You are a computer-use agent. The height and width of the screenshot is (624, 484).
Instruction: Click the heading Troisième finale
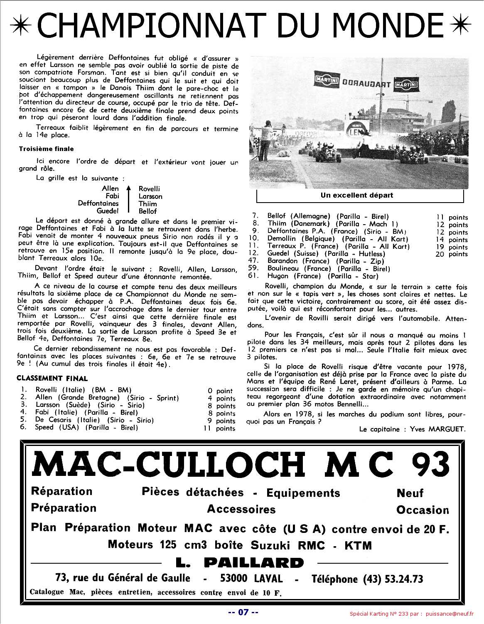coord(46,149)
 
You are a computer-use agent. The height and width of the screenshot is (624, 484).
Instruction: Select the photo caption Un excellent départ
coord(356,195)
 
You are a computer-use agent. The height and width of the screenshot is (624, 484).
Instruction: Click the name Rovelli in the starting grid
coord(149,189)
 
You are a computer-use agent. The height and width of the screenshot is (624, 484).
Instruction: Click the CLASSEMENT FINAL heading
coord(52,378)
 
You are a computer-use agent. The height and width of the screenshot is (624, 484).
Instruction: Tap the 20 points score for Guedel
coord(452,254)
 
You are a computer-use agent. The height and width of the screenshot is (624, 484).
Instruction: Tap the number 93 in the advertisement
coord(431,465)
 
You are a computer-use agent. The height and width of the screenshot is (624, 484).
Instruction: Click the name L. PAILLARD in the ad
coord(240,563)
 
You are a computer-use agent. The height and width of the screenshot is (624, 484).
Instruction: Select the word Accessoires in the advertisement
coord(241,509)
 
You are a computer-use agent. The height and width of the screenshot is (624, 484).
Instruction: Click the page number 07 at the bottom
coord(243,612)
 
